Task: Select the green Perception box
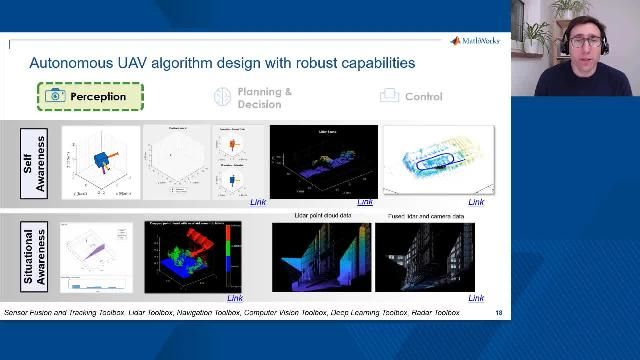coord(91,97)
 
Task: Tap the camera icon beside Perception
coord(55,96)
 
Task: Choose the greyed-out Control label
coord(423,97)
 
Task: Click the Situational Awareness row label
coord(34,256)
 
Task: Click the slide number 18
coord(499,313)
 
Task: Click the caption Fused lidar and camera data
coord(427,216)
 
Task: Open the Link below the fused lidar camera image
coord(476,298)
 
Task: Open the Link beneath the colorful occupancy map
coord(235,298)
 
